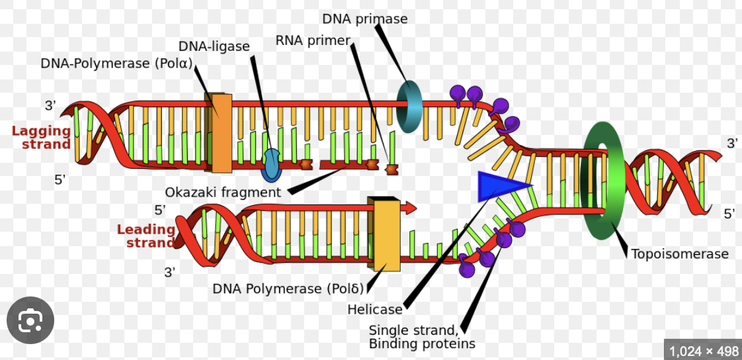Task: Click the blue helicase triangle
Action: coord(501,186)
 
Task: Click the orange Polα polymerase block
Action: coord(222,133)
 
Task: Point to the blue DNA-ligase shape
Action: coord(271,165)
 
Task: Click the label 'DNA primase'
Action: coord(364,19)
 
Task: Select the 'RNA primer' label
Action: coord(312,41)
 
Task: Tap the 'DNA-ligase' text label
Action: coord(214,46)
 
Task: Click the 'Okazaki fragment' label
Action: coord(223,192)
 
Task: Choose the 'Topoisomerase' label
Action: coord(679,253)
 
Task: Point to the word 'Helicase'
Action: coord(374,309)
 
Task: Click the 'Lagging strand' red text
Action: coord(42,137)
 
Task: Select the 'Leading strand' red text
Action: coord(146,236)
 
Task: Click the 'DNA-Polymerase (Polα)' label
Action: coord(116,64)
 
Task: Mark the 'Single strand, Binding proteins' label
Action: coord(421,337)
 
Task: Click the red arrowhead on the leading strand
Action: coord(409,208)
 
